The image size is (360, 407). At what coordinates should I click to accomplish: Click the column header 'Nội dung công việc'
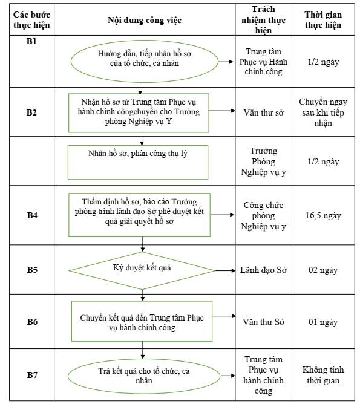coord(145,20)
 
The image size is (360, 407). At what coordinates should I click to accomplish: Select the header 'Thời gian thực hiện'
coord(323,20)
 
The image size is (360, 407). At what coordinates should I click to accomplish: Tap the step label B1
coord(31,41)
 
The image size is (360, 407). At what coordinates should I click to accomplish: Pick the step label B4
coord(32,215)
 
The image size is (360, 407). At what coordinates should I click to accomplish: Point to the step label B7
coord(32,375)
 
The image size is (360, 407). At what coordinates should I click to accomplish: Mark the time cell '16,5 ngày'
coord(323,215)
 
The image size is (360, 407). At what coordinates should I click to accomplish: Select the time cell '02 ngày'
coord(323,270)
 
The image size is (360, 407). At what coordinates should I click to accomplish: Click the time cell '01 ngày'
coord(323,322)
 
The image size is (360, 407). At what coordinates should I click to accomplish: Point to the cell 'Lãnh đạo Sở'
coord(263,270)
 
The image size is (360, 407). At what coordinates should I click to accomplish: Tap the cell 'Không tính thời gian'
coord(323,375)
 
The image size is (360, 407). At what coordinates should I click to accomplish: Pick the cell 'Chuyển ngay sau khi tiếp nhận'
coord(323,112)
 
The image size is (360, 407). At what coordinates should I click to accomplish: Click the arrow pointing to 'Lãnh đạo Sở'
coord(226,270)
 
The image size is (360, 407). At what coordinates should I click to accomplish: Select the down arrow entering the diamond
coord(143,248)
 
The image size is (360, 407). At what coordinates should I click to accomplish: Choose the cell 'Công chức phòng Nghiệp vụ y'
coord(263,215)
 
